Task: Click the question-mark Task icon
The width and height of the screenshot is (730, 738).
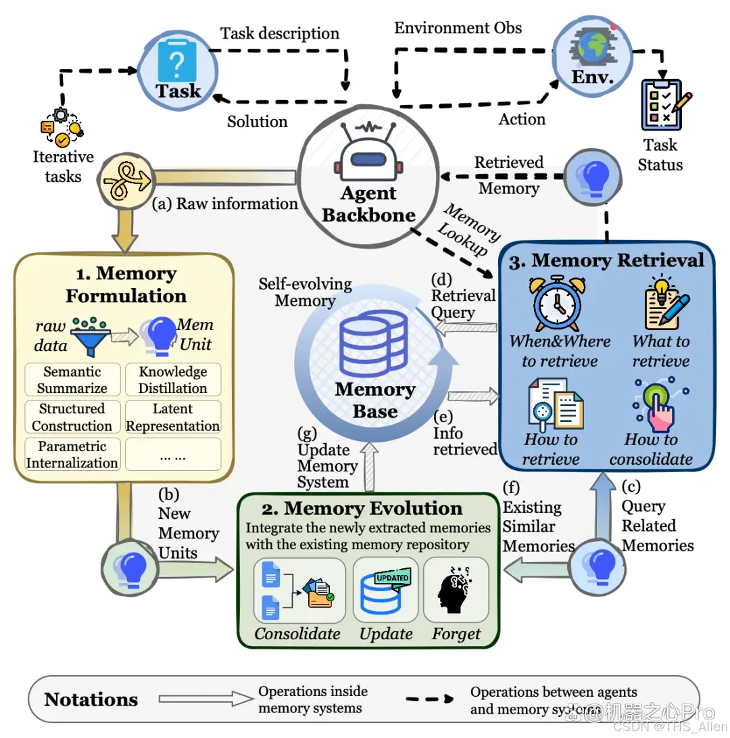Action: (177, 61)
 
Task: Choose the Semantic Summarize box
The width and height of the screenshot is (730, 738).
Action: (72, 379)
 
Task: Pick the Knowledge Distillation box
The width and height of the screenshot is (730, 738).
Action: (173, 379)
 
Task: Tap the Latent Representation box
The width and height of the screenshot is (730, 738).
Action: (173, 417)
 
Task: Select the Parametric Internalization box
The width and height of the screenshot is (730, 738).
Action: (72, 454)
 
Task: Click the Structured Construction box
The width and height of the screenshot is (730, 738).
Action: (72, 417)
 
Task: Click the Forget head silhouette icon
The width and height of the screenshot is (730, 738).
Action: (455, 590)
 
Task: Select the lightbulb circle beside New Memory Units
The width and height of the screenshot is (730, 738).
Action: (130, 569)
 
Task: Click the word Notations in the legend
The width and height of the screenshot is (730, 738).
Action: (91, 699)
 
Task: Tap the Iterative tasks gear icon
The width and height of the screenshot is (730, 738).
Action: (62, 128)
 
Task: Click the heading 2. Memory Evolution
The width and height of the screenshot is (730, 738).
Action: (362, 508)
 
